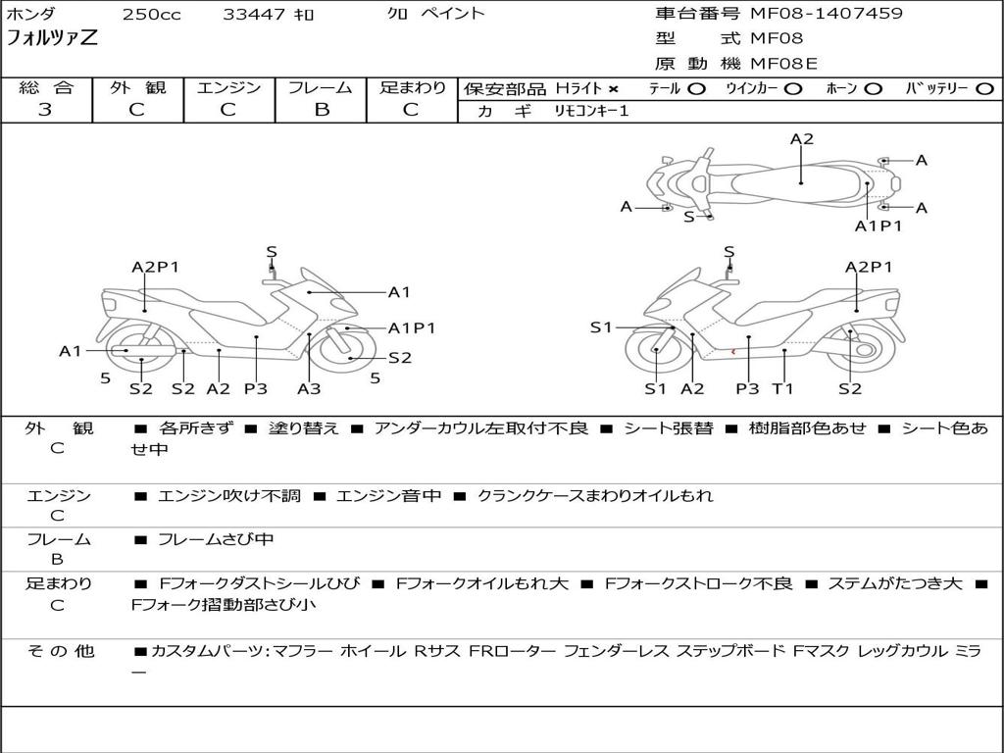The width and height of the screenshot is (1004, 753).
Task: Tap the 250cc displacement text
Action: pos(151,15)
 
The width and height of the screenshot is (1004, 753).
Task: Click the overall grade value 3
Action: pos(45,110)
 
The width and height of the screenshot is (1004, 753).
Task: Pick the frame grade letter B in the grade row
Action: pos(321,110)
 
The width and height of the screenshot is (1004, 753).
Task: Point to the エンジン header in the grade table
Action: pos(228,88)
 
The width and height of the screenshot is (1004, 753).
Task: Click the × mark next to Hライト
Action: pos(613,89)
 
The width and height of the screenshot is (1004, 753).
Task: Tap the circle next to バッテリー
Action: pos(983,89)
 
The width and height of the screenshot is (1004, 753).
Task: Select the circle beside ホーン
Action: pos(873,89)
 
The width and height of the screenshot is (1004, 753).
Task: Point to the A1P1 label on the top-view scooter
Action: pos(878,226)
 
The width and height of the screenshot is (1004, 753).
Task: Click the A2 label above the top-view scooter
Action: pos(802,139)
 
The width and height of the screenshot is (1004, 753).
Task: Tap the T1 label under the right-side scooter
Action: pos(782,388)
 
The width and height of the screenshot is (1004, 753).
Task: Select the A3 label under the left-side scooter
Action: pos(309,388)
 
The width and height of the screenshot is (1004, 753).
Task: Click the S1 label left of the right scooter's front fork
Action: pos(601,327)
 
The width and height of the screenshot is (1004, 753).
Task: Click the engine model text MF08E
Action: pos(783,64)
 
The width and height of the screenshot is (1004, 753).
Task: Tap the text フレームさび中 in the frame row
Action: pos(216,539)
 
